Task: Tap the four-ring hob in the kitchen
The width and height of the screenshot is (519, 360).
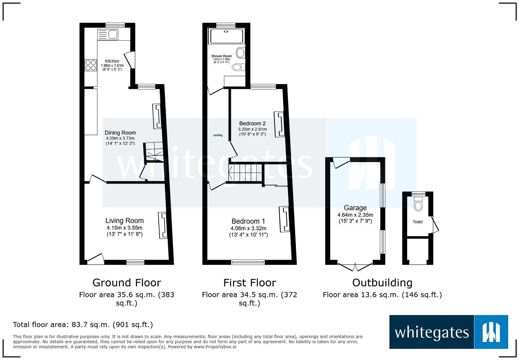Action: coord(91,65)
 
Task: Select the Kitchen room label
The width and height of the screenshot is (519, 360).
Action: coord(112,61)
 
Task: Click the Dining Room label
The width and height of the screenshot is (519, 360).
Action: coord(120,133)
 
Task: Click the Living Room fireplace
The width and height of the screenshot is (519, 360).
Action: coord(163,225)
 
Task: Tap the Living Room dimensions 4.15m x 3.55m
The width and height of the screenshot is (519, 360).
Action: coord(124,228)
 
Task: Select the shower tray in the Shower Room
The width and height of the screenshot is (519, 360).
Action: coord(226,36)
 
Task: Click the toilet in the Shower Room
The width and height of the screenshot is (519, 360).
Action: coord(238,67)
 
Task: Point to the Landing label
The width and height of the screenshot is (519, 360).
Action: coord(218,135)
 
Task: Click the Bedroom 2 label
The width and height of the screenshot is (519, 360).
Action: coord(252,123)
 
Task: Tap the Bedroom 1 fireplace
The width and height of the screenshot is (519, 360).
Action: coord(284,219)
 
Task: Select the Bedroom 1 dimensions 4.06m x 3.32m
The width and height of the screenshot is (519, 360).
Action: coord(248,228)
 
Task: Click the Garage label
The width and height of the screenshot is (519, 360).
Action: coord(355,208)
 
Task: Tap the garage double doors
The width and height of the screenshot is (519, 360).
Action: coord(355,266)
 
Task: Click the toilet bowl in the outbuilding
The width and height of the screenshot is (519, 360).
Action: coord(418,205)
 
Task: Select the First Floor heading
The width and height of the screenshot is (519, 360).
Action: coord(249,283)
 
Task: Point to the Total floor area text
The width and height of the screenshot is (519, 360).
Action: coord(83,325)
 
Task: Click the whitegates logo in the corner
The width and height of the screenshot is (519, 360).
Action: coord(448,332)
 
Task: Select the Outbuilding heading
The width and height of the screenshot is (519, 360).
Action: coord(382,283)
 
